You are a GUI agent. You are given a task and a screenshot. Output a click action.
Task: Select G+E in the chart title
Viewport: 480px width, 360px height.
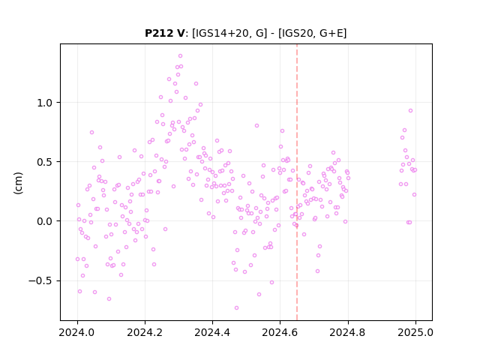tap(331, 33)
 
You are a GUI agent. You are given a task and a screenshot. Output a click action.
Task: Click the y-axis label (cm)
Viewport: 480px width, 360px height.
tap(18, 183)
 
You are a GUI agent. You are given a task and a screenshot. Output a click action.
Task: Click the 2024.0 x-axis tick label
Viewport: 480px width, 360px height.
tap(77, 332)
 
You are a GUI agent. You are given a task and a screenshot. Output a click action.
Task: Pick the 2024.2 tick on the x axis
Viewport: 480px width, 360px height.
tap(145, 332)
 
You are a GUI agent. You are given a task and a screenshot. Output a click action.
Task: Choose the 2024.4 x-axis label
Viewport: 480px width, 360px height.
tap(212, 332)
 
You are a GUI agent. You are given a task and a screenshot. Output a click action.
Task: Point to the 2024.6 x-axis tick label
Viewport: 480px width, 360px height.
tap(280, 332)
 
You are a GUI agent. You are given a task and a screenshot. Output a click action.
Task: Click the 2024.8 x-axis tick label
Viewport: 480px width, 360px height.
tap(347, 332)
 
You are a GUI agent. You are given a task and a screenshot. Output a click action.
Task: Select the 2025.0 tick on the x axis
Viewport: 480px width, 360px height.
tap(415, 332)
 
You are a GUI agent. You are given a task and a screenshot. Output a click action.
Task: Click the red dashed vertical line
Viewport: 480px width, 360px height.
tap(297, 182)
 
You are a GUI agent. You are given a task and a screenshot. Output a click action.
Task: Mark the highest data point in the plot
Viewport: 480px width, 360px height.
tap(180, 56)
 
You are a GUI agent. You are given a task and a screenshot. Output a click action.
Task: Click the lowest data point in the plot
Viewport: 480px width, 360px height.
tap(236, 308)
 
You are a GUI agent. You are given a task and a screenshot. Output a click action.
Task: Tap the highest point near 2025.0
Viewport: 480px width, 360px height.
tap(410, 111)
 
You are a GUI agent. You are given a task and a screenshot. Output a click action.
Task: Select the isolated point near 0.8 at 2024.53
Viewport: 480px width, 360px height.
tap(256, 126)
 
